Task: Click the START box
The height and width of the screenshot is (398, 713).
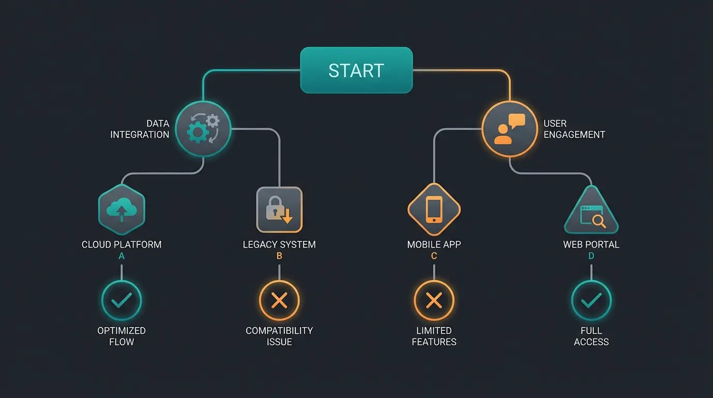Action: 356,70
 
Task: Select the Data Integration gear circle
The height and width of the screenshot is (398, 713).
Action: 203,129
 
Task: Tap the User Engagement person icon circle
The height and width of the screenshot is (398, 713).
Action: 509,129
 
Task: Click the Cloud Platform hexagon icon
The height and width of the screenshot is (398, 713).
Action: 122,210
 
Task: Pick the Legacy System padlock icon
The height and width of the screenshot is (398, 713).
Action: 279,210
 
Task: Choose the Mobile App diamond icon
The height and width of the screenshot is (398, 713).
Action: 434,210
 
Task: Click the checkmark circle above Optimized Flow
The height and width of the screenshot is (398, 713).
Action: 122,300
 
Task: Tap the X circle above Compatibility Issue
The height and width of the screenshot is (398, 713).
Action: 279,300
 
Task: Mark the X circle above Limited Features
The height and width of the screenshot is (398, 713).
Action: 434,300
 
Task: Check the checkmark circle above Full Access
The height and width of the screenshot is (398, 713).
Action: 591,300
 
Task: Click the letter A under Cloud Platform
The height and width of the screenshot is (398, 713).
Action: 122,256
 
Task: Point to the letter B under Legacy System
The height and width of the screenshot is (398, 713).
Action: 279,256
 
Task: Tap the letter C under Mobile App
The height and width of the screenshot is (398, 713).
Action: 434,256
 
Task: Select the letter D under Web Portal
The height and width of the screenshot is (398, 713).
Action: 591,256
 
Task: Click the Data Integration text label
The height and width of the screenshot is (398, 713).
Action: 140,129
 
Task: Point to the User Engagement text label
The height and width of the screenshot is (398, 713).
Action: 574,129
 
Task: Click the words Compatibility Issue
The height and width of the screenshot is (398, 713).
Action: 279,336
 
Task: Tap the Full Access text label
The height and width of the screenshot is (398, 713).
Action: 591,336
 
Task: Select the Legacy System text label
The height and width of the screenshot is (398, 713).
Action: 279,245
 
